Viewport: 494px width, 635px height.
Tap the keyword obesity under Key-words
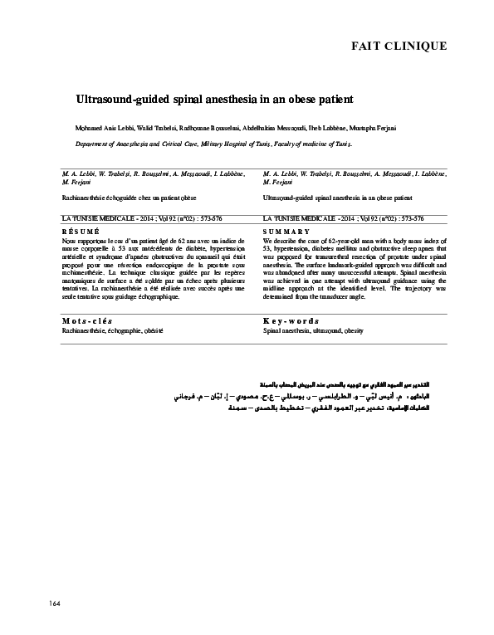point(356,330)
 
